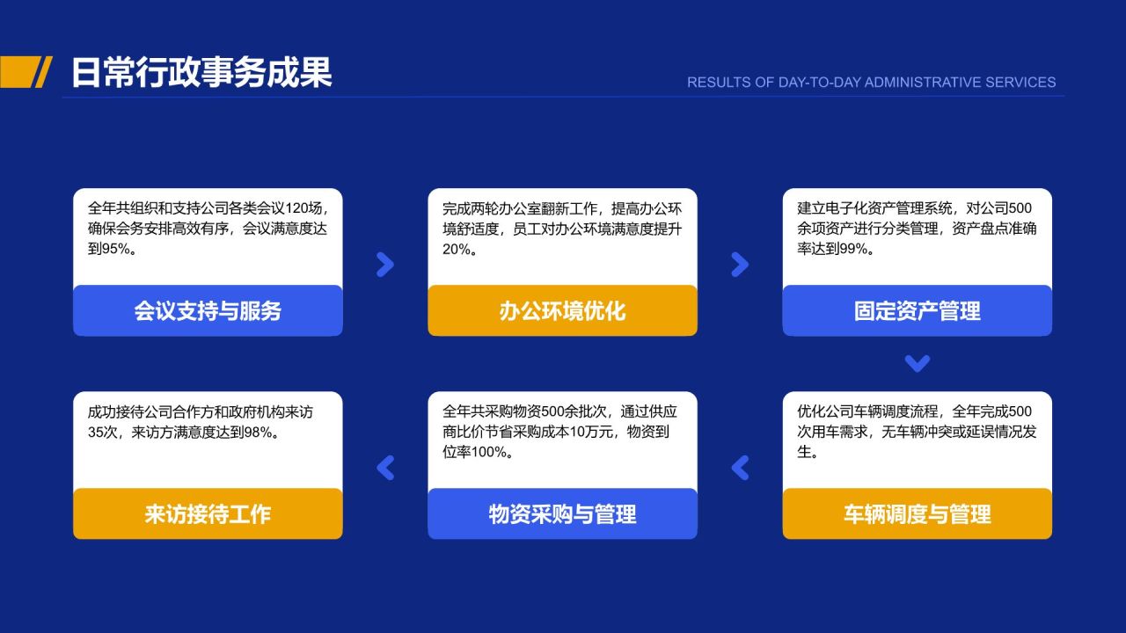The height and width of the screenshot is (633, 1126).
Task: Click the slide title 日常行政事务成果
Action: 201,72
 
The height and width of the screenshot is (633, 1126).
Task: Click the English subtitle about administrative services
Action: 871,82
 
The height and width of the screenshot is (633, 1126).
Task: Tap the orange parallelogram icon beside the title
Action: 26,72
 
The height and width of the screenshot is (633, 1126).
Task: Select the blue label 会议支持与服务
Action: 208,310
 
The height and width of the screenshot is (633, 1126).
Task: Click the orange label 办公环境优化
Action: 562,310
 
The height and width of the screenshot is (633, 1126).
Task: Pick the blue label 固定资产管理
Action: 917,310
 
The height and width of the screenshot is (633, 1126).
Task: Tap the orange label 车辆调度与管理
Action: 917,513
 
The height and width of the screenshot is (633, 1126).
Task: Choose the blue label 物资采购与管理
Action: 562,513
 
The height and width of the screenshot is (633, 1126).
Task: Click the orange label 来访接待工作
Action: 208,513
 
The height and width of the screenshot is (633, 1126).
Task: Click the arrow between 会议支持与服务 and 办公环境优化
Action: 384,265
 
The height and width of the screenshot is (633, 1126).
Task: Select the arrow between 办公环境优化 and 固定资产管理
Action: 740,265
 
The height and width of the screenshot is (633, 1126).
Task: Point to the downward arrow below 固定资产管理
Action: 917,363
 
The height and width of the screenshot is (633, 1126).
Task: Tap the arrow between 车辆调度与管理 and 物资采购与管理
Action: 740,468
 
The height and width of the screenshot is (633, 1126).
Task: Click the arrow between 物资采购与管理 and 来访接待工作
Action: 384,468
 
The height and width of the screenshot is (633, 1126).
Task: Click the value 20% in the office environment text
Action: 456,249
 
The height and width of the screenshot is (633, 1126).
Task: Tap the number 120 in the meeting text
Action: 296,208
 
